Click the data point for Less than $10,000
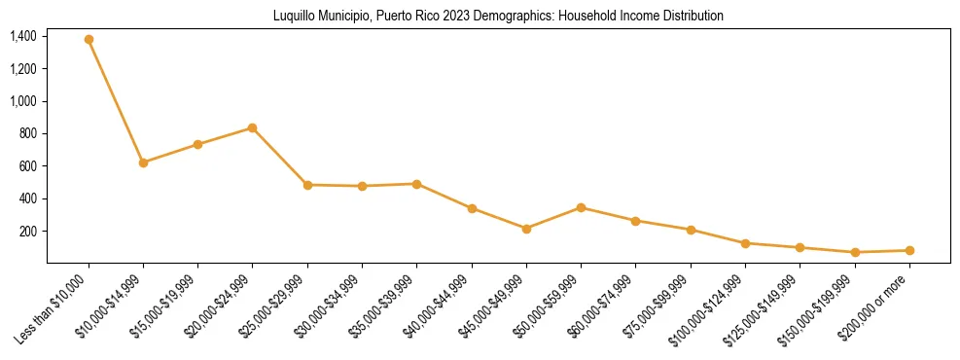tap(89, 40)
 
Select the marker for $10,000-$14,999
tap(143, 162)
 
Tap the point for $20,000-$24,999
tap(253, 127)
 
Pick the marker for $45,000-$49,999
tap(526, 229)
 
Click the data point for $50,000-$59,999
tap(581, 207)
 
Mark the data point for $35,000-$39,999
tap(416, 183)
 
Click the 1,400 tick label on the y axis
tap(23, 37)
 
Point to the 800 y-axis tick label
tap(28, 133)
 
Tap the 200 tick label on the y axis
tap(28, 231)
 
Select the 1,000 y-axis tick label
tap(23, 101)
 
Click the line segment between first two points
tap(116, 101)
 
